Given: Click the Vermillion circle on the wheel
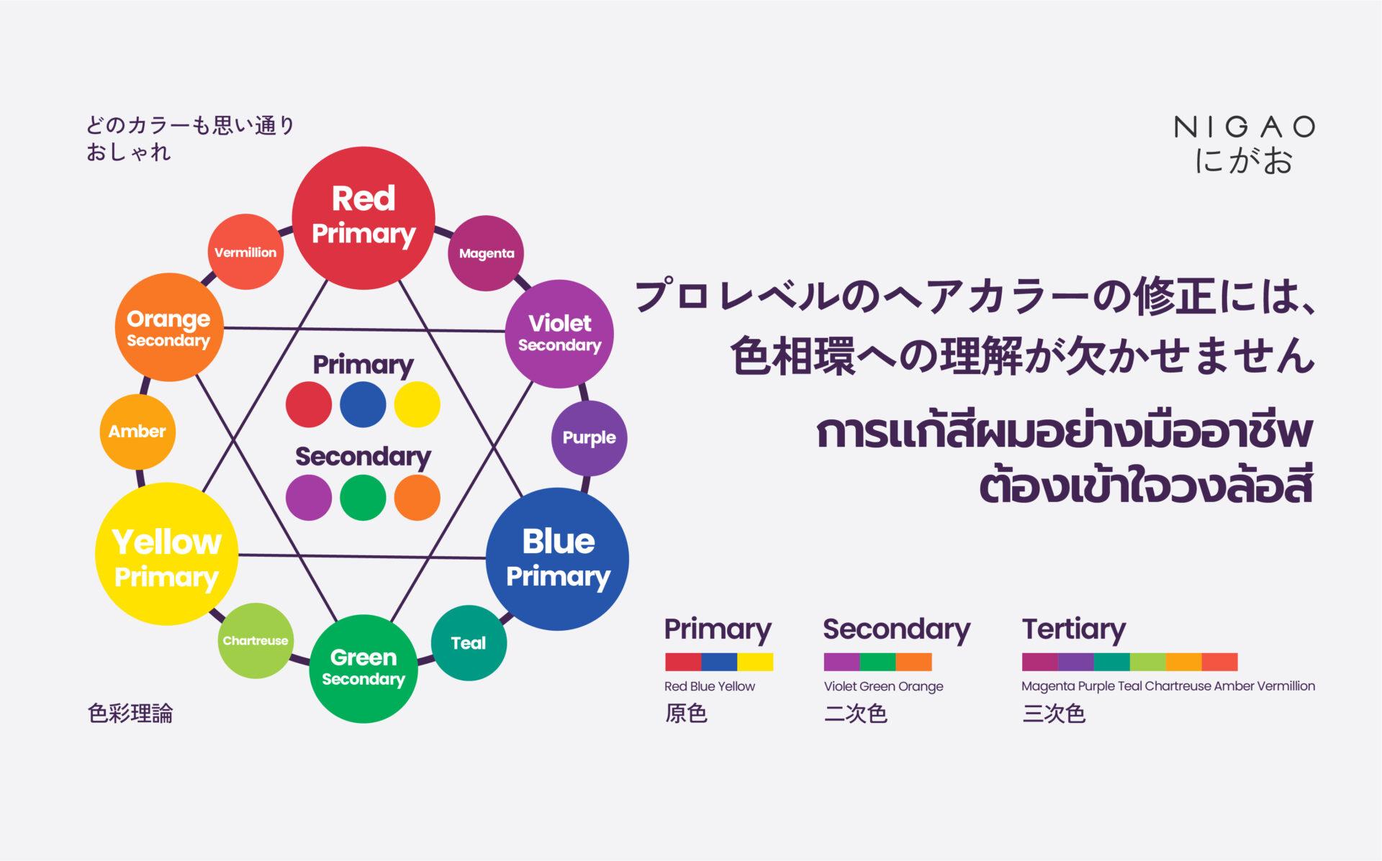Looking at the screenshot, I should pyautogui.click(x=245, y=252).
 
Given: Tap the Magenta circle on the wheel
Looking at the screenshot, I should pyautogui.click(x=486, y=253).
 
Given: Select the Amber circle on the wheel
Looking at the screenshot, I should pyautogui.click(x=137, y=432).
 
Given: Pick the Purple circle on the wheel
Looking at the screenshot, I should pyautogui.click(x=589, y=437).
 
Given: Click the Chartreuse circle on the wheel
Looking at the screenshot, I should pyautogui.click(x=256, y=640).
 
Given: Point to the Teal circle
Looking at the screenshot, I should pyautogui.click(x=469, y=643).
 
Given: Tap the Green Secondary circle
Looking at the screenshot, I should pyautogui.click(x=363, y=668).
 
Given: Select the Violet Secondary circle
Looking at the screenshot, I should pyautogui.click(x=559, y=334).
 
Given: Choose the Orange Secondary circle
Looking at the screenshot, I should pyautogui.click(x=168, y=328).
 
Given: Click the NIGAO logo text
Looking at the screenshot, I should pyautogui.click(x=1245, y=127).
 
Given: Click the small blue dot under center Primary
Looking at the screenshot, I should pyautogui.click(x=363, y=404).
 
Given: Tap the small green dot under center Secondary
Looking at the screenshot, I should pyautogui.click(x=363, y=497).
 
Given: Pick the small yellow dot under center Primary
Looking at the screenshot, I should pyautogui.click(x=417, y=404).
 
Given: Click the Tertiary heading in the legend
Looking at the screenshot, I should pyautogui.click(x=1073, y=629).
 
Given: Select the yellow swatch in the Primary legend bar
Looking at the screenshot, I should pyautogui.click(x=755, y=662).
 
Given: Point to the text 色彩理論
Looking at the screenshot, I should pyautogui.click(x=130, y=714).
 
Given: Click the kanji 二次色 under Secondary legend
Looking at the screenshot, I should pyautogui.click(x=855, y=714).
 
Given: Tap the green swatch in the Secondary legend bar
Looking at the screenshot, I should pyautogui.click(x=877, y=662).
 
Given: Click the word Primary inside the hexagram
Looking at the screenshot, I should pyautogui.click(x=363, y=365).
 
